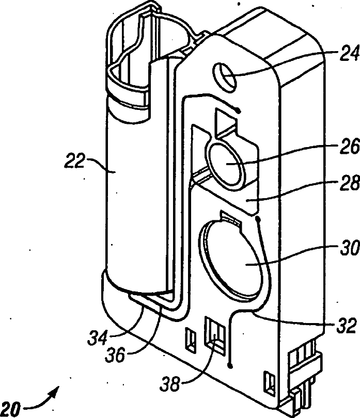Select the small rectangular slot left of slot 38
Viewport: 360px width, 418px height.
coord(190,337)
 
